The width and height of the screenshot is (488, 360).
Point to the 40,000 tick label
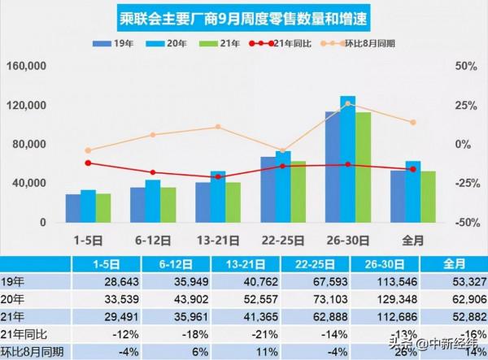31,184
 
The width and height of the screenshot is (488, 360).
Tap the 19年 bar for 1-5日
73,208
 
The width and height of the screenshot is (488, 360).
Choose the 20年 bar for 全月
412,192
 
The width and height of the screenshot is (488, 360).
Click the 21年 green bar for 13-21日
233,202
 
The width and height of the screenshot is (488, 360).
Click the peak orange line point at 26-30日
347,104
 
